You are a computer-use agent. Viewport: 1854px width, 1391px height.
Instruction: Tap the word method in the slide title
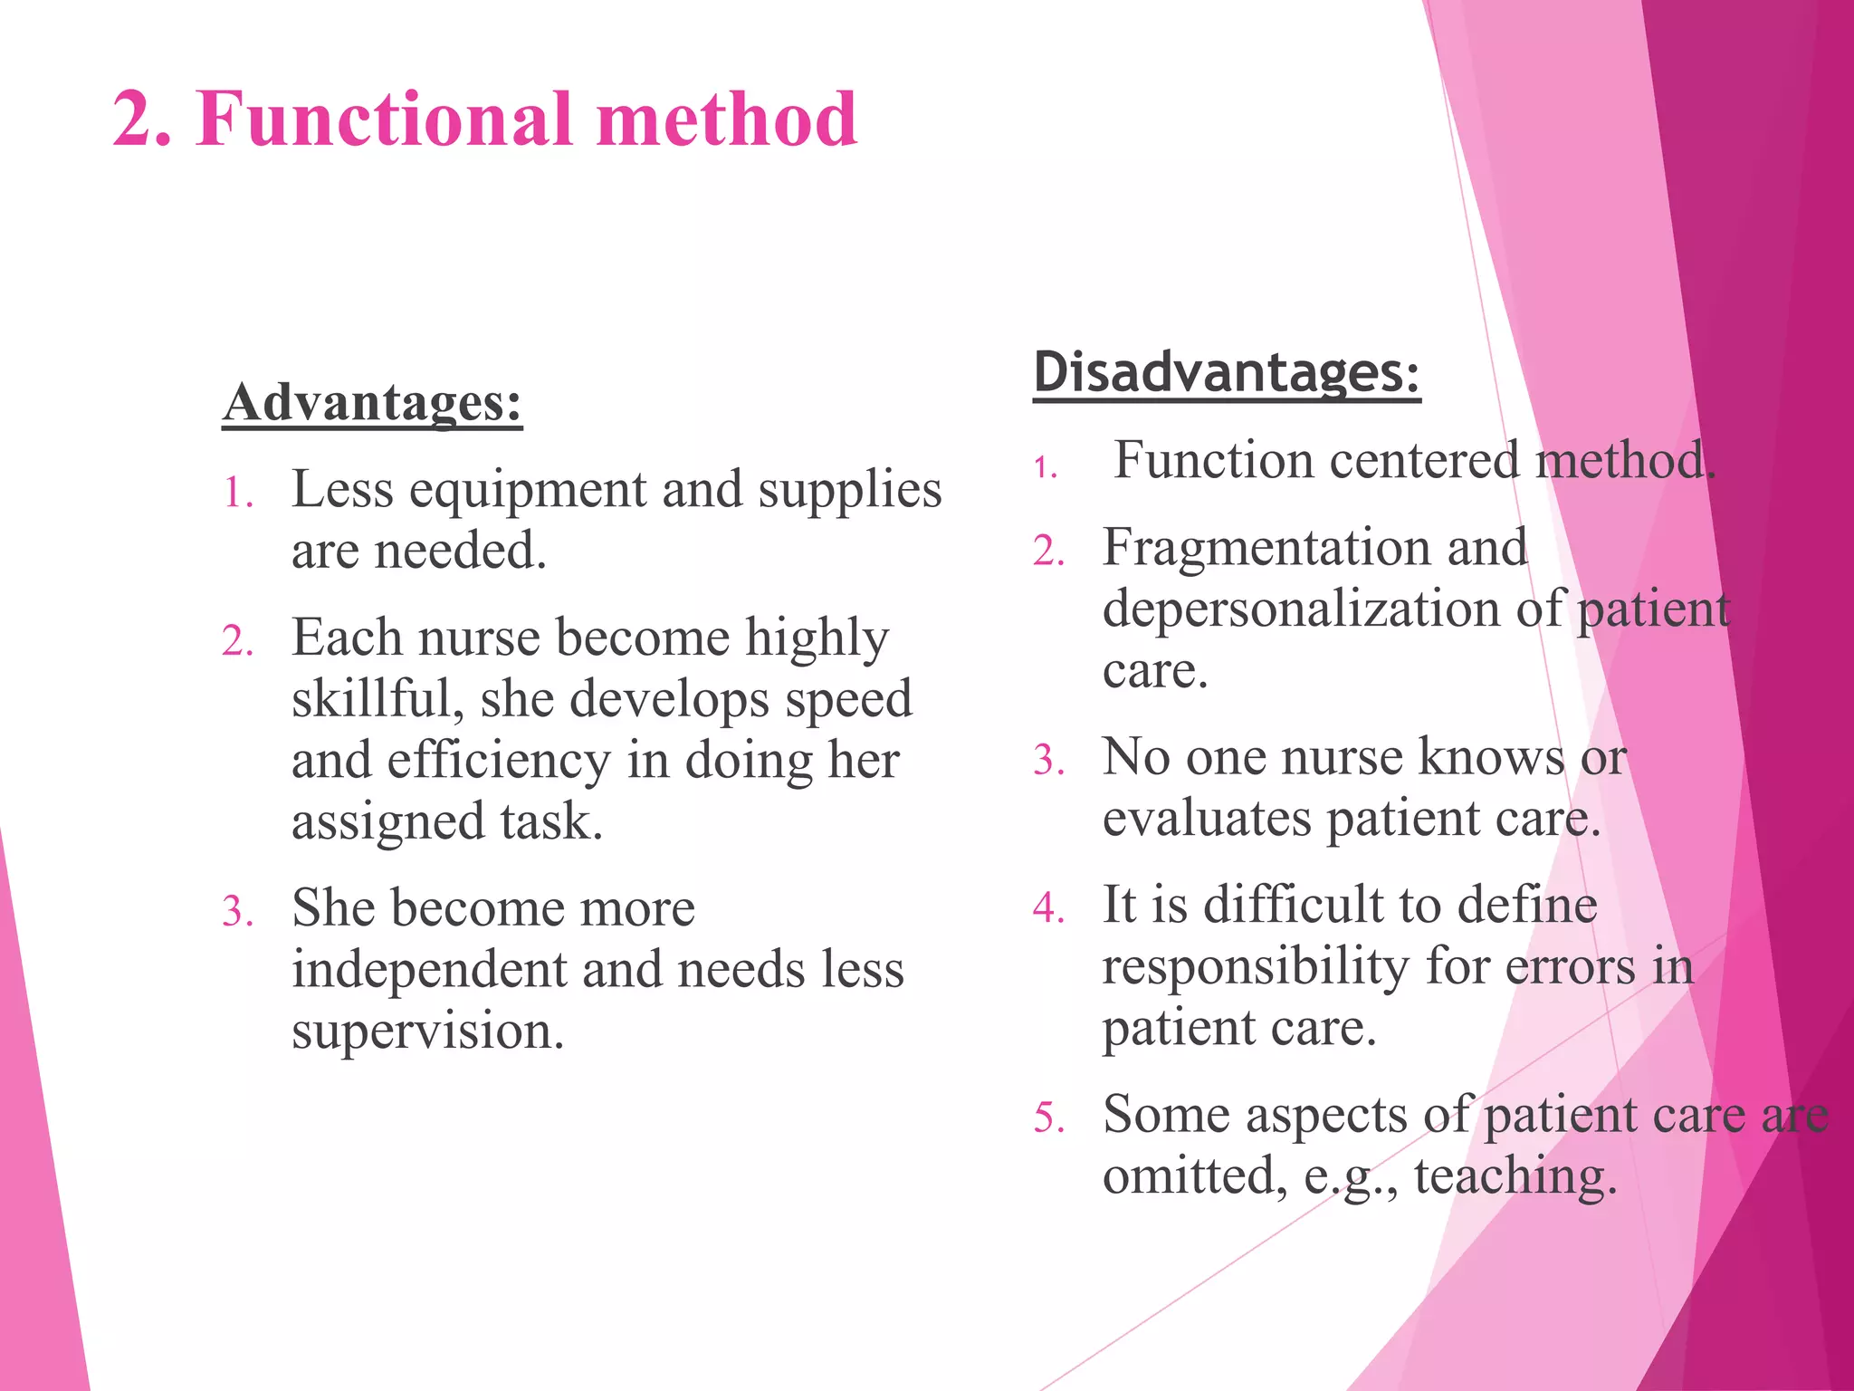[726, 120]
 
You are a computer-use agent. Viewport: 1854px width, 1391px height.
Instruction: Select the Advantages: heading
[372, 402]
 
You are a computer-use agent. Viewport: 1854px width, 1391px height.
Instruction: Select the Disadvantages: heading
[1227, 372]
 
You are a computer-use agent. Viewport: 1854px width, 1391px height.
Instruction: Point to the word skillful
[377, 700]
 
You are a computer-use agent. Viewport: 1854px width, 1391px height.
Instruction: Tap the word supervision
[427, 1031]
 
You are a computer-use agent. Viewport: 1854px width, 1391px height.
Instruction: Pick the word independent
[428, 970]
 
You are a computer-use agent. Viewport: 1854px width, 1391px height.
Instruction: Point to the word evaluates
[1206, 819]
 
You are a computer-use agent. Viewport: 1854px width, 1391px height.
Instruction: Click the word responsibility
[1255, 966]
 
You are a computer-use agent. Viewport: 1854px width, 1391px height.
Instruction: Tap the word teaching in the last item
[1515, 1177]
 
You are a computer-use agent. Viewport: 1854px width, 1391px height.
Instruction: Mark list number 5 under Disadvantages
[1048, 1118]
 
